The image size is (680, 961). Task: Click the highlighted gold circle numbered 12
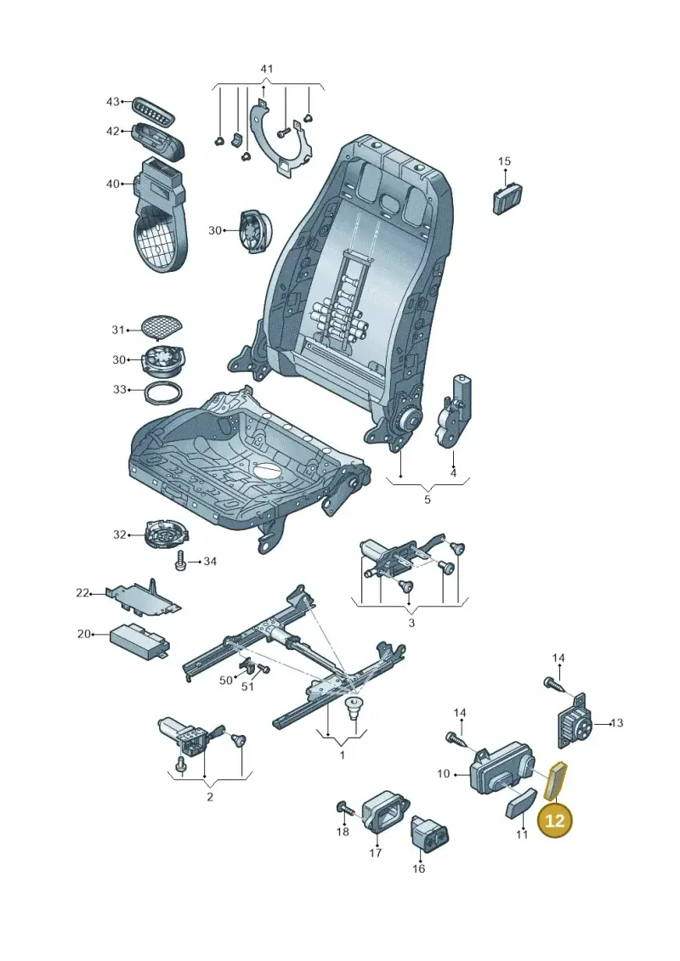point(554,820)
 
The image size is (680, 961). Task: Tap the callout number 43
point(113,101)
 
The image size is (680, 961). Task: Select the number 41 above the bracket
point(267,70)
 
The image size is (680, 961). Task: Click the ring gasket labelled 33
point(163,392)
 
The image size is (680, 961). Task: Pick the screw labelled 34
point(180,561)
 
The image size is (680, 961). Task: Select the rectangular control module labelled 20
point(139,642)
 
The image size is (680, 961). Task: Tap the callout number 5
point(428,499)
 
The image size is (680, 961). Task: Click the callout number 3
point(411,623)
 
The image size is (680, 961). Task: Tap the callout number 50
point(226,681)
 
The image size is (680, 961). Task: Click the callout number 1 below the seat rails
point(343,755)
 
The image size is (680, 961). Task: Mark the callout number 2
point(210,797)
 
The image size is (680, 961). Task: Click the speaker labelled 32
point(167,534)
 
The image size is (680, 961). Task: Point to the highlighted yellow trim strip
point(558,781)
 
